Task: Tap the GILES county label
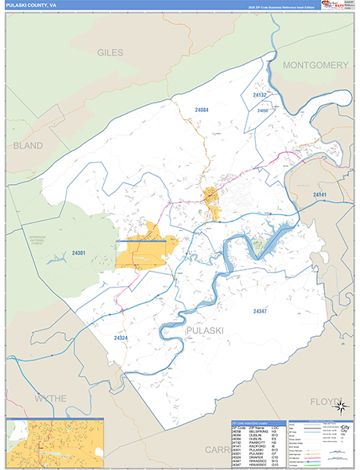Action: [x=110, y=52]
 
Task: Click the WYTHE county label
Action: [x=50, y=398]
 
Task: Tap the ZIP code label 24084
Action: [x=202, y=110]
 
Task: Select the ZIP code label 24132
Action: [x=260, y=95]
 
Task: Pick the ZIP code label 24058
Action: [x=263, y=110]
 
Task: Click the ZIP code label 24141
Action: [x=322, y=193]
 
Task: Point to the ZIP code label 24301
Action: [x=79, y=253]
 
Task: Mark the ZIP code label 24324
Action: [x=121, y=338]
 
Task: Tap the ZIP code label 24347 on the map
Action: [x=261, y=311]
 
